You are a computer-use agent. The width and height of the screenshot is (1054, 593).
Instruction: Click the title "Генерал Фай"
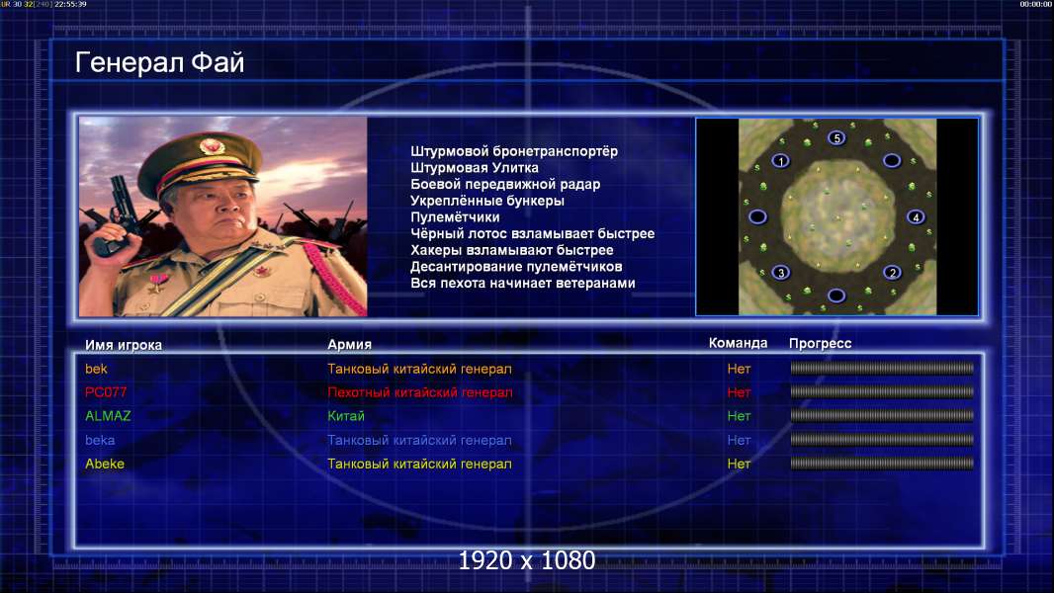pyautogui.click(x=159, y=62)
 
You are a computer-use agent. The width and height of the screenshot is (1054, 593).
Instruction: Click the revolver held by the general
pyautogui.click(x=115, y=214)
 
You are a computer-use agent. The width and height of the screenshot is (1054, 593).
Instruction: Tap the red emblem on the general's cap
pyautogui.click(x=211, y=145)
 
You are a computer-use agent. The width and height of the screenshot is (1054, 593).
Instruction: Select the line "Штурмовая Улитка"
pyautogui.click(x=475, y=168)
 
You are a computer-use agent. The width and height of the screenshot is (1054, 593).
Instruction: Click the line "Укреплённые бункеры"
pyautogui.click(x=487, y=201)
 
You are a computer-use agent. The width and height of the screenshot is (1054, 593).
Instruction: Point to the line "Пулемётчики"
pyautogui.click(x=455, y=216)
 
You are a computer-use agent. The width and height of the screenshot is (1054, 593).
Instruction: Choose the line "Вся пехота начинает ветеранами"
pyautogui.click(x=523, y=283)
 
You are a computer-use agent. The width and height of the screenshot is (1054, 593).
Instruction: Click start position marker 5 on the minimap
pyautogui.click(x=836, y=138)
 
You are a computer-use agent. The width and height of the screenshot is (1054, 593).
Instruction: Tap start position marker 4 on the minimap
pyautogui.click(x=916, y=216)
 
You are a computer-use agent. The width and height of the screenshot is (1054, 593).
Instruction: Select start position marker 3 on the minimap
pyautogui.click(x=780, y=273)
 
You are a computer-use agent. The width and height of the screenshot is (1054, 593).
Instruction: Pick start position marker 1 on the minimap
pyautogui.click(x=780, y=161)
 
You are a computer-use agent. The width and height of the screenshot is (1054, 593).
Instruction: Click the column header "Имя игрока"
pyautogui.click(x=124, y=345)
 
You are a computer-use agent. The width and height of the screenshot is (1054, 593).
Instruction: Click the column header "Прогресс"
pyautogui.click(x=820, y=344)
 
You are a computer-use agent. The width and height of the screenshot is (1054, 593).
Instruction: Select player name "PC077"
pyautogui.click(x=106, y=392)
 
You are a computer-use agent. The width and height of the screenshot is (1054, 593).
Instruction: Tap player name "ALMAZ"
pyautogui.click(x=108, y=416)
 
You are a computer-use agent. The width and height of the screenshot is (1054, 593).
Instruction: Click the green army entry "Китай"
pyautogui.click(x=346, y=416)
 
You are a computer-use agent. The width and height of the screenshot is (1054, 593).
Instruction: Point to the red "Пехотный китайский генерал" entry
pyautogui.click(x=420, y=392)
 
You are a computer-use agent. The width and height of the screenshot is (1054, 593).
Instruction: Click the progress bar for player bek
pyautogui.click(x=882, y=368)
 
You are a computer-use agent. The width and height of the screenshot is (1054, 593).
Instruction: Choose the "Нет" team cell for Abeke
pyautogui.click(x=739, y=465)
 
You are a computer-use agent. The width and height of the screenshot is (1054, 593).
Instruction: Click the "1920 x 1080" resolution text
pyautogui.click(x=527, y=560)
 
